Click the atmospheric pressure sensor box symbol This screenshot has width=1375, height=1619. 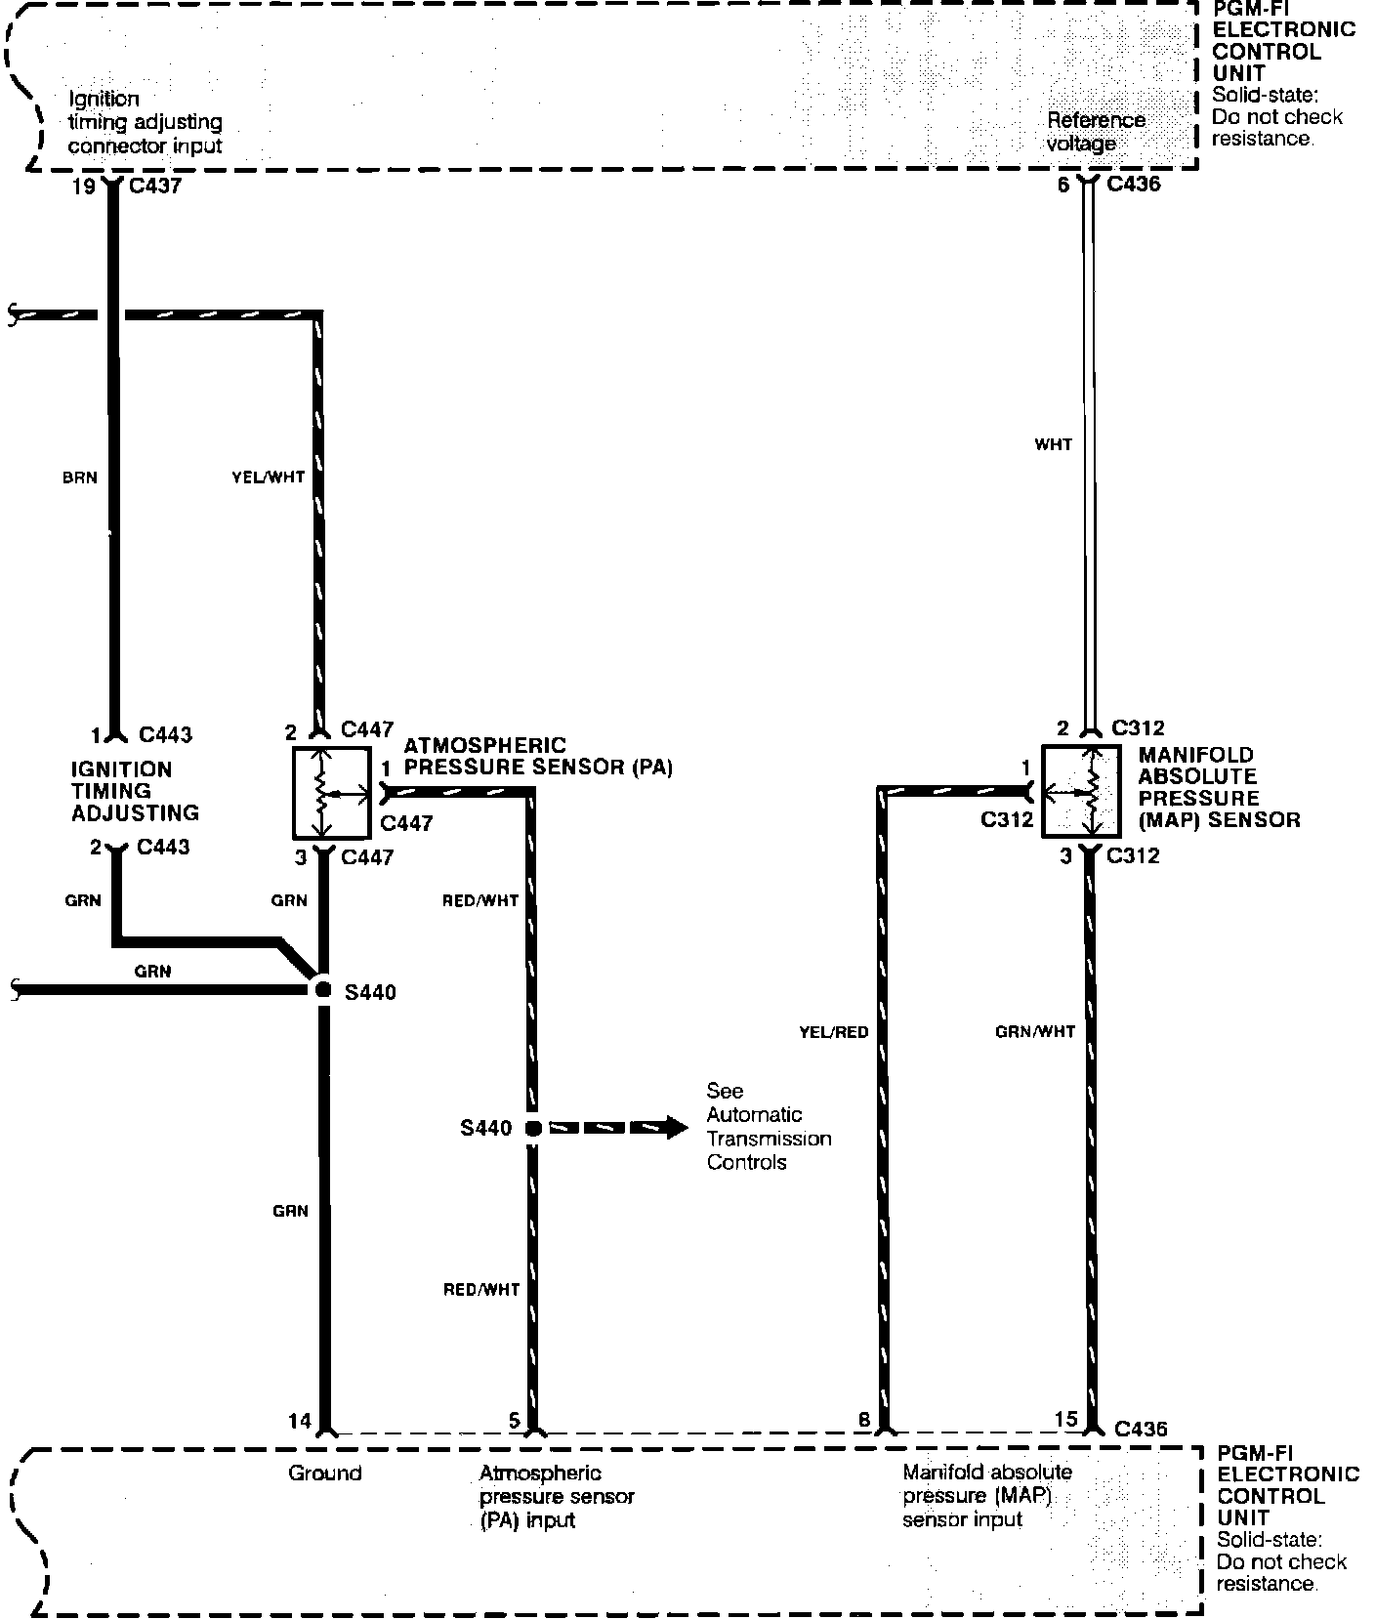coord(331,793)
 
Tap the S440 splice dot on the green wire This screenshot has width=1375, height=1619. coord(323,990)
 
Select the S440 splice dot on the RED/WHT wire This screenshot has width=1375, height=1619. coord(532,1128)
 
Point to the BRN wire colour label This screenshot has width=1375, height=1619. coord(79,477)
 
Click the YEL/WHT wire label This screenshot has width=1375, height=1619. coord(269,477)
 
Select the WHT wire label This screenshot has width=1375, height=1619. coord(1053,444)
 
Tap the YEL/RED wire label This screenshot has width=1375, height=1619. coord(833,1031)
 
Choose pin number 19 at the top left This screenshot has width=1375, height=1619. coord(84,186)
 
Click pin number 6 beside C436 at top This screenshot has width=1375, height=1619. coord(1063,184)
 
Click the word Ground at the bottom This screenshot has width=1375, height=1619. coord(324,1473)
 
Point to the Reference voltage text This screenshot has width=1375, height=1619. coord(1096,132)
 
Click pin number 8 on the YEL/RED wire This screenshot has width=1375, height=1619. coord(863,1421)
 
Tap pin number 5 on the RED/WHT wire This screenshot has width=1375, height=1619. coord(515,1421)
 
